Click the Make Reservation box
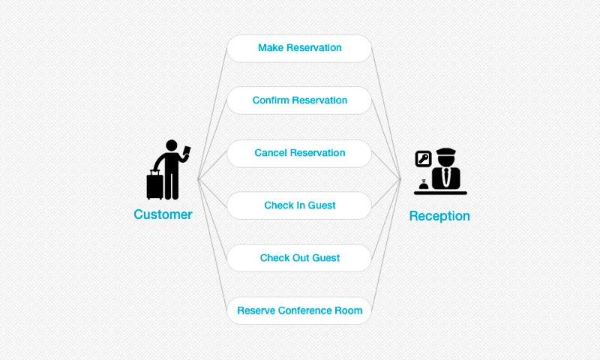299,48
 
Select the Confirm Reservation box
299,100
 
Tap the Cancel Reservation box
299,153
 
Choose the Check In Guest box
299,205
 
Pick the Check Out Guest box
299,258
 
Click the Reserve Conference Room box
299,310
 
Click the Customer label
163,214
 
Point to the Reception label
439,216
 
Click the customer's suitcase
155,185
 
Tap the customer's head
172,145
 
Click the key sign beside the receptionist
424,159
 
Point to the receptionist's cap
445,151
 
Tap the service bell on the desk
424,184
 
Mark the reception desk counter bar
440,193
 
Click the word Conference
305,310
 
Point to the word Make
271,48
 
